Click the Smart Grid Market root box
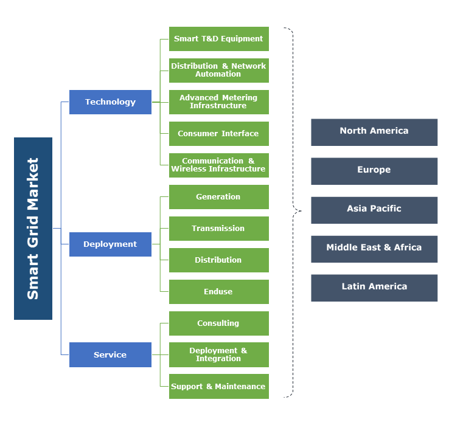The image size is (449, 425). point(33,229)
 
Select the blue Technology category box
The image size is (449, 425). point(110,102)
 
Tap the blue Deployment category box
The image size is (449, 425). point(110,244)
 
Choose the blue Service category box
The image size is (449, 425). point(110,355)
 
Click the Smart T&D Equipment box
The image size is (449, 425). point(218,39)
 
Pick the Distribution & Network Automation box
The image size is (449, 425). point(218,71)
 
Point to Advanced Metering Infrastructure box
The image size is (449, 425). point(218,102)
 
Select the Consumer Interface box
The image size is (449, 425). point(218,134)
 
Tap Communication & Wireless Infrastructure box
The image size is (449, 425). point(218,165)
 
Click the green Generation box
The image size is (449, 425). point(218,197)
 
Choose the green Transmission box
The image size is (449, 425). point(218,229)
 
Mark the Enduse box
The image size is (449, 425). point(218,292)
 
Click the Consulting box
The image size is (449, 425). point(218,323)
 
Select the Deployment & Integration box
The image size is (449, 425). point(218,355)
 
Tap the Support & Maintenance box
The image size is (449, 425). point(218,387)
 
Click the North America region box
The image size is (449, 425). point(374,132)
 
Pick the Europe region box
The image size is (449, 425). point(374,171)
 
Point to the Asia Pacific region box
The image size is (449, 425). point(374,210)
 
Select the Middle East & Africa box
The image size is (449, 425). point(374,249)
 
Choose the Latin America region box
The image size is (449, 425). point(374,288)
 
